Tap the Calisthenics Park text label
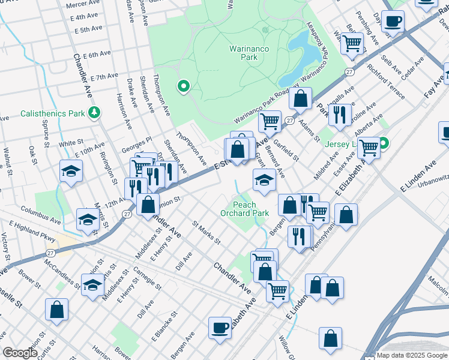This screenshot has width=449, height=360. [52, 113]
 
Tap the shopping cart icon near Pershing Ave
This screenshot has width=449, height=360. [352, 43]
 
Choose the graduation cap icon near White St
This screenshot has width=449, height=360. [71, 171]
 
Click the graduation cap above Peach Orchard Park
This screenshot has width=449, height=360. [265, 179]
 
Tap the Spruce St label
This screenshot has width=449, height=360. [46, 137]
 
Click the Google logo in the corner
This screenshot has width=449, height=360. [20, 353]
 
